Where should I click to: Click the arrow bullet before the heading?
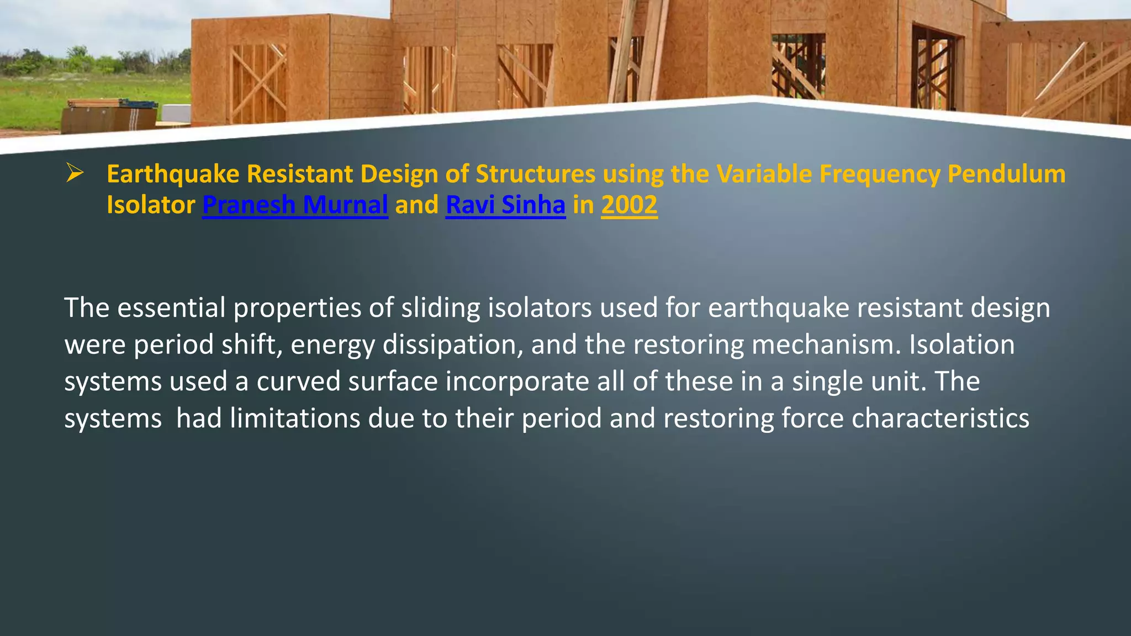(74, 173)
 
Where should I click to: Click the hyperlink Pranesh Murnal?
(295, 205)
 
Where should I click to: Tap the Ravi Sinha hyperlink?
(505, 205)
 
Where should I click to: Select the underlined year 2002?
(629, 205)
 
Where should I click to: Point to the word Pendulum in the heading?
(1006, 174)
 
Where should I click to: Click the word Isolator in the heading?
(151, 205)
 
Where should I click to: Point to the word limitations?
(295, 418)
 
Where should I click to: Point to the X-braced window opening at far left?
(258, 80)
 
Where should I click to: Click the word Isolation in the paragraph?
(961, 344)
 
